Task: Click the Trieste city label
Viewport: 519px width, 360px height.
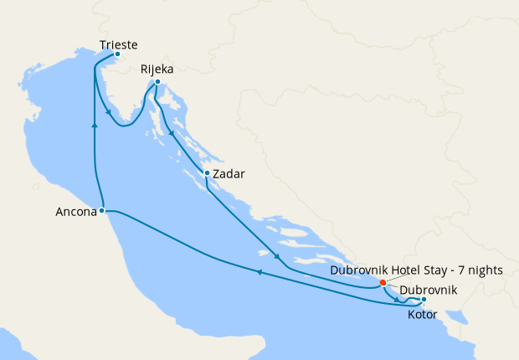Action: pos(118,45)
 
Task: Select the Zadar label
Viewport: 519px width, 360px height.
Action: pos(229,174)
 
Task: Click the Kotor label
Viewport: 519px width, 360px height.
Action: pos(424,315)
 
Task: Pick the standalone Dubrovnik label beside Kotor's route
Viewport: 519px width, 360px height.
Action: pos(429,291)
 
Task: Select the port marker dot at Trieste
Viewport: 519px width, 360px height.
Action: pos(117,55)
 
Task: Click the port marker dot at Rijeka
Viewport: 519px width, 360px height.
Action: pos(158,81)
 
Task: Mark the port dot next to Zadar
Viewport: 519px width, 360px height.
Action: pos(207,174)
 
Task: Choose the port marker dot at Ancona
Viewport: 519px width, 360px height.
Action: pos(101,211)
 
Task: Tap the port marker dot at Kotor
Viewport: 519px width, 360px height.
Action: pos(424,300)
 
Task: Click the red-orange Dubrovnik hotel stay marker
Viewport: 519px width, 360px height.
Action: pos(383,282)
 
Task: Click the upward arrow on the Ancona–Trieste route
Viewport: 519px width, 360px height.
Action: pos(95,124)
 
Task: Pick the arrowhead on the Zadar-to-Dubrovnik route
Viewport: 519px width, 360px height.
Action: pos(276,256)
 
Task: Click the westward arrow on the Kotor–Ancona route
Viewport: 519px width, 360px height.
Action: pos(259,272)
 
